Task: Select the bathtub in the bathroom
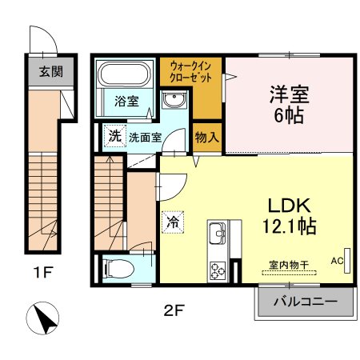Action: tap(123, 77)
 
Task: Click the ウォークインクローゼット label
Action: tap(190, 74)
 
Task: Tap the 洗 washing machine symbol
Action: tap(114, 136)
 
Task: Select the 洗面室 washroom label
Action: tap(146, 137)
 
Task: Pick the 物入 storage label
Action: tap(207, 137)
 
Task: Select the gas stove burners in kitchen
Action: tap(217, 268)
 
